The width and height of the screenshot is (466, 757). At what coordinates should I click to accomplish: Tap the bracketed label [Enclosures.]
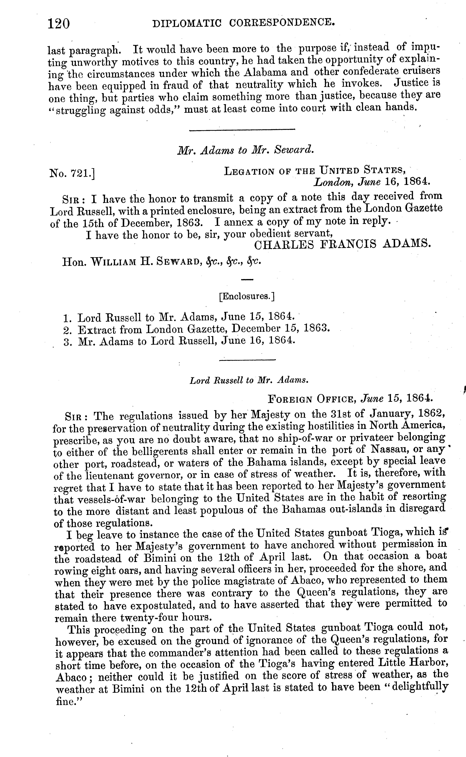[247, 296]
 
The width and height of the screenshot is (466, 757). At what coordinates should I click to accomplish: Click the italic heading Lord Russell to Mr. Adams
[249, 380]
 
